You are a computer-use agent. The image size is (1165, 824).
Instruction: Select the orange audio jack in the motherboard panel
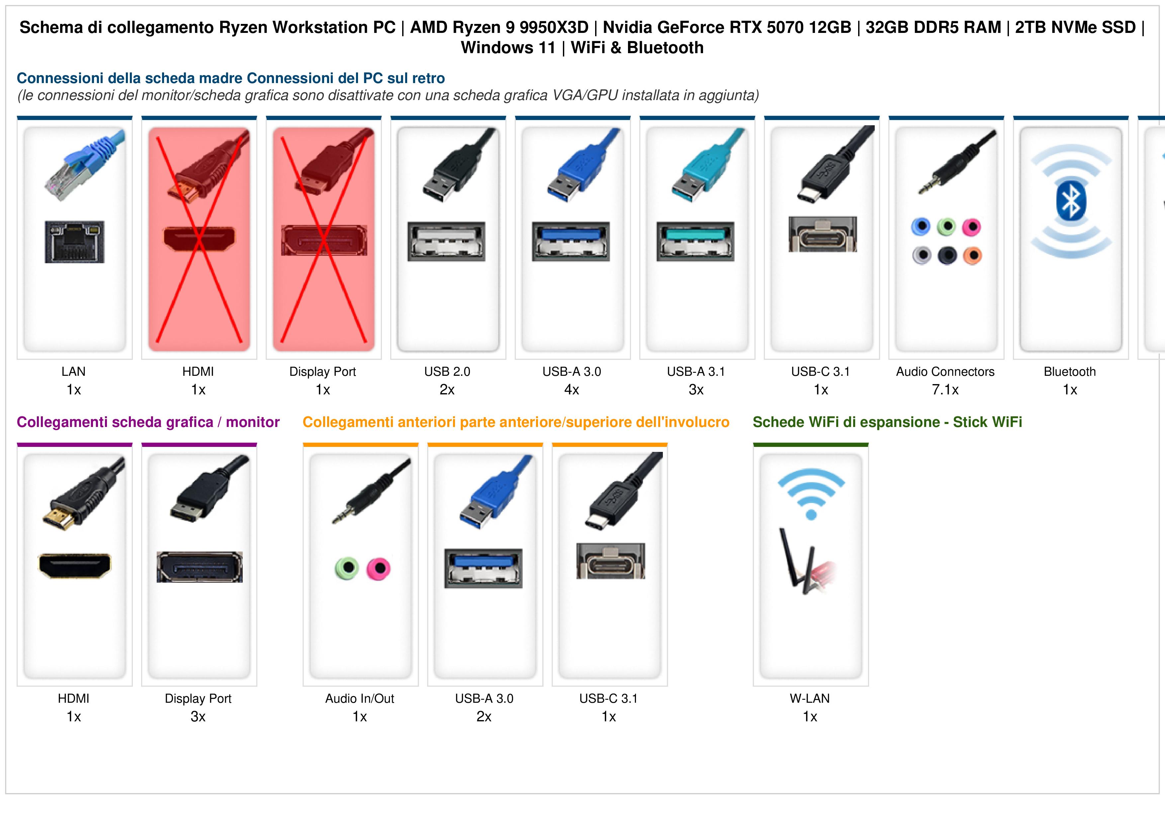972,256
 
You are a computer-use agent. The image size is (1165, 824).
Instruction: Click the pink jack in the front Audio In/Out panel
379,568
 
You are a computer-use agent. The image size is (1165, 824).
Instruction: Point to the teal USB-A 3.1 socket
695,241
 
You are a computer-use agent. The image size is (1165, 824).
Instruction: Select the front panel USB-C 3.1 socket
610,561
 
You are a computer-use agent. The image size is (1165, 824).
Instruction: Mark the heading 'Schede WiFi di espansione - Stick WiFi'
887,422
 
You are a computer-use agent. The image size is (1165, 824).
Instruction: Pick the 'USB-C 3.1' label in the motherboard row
821,372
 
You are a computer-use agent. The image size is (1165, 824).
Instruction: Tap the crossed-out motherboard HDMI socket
199,238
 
